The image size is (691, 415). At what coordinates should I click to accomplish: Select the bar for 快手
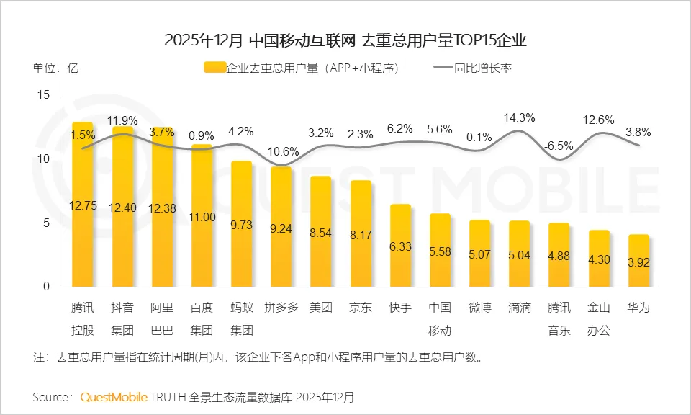tap(400, 249)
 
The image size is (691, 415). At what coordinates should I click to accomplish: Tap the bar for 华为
tap(638, 263)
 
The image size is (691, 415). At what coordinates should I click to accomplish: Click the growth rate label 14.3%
tap(519, 118)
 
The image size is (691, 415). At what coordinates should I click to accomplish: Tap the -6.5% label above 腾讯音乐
tap(559, 145)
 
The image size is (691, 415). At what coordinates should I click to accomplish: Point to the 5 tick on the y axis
tap(46, 223)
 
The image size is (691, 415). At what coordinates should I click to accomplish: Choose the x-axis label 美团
tap(320, 308)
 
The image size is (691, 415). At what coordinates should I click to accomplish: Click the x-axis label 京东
tap(360, 308)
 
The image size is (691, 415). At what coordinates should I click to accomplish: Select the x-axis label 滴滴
tap(519, 308)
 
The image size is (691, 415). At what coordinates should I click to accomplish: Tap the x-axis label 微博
tap(479, 308)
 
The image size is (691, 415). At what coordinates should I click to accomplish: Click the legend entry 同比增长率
tap(483, 69)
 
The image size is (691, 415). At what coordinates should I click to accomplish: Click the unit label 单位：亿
tap(55, 69)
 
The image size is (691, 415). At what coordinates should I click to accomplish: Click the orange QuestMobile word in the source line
tap(114, 397)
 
